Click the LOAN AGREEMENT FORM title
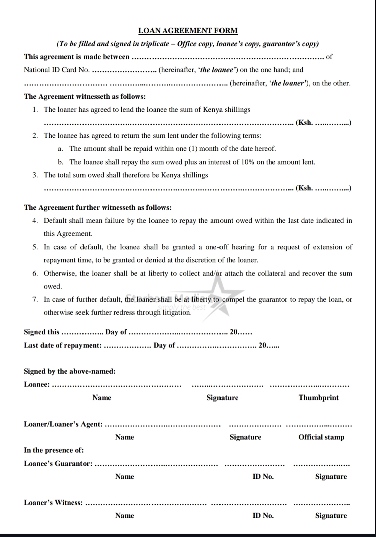pyautogui.click(x=188, y=31)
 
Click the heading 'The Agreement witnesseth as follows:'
pyautogui.click(x=85, y=96)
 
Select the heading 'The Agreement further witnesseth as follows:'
pyautogui.click(x=98, y=207)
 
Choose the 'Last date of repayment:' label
pyautogui.click(x=63, y=345)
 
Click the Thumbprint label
pyautogui.click(x=318, y=398)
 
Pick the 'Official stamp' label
pyautogui.click(x=321, y=437)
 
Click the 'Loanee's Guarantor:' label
pyautogui.click(x=58, y=464)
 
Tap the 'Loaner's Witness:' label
pyautogui.click(x=53, y=503)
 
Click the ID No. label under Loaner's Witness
pyautogui.click(x=263, y=516)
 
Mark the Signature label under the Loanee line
pyautogui.click(x=222, y=398)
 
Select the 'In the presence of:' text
pyautogui.click(x=54, y=450)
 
